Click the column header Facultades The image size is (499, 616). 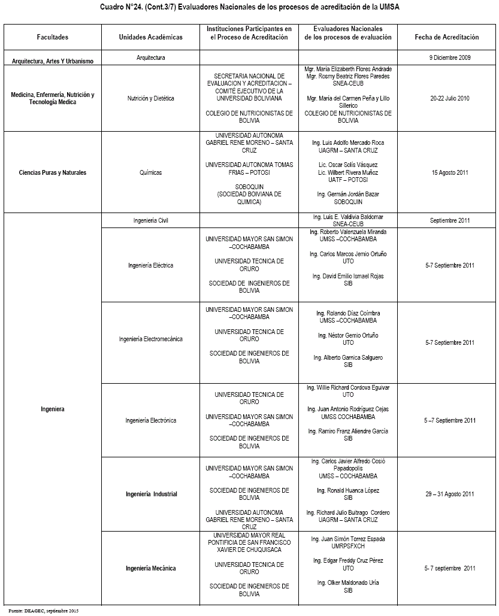pos(53,37)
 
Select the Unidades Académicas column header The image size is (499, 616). pos(150,37)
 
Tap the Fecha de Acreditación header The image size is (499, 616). pos(447,37)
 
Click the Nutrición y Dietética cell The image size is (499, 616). pos(150,99)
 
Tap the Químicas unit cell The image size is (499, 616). pos(150,173)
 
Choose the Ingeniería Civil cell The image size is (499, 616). pos(150,221)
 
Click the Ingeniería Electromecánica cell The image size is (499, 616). pos(150,339)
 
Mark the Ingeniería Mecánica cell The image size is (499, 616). pos(150,569)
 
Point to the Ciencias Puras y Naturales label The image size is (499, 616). pos(53,173)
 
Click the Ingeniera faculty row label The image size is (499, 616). pos(53,409)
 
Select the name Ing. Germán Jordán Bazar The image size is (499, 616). pos(348,195)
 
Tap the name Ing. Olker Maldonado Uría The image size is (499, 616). pos(348,583)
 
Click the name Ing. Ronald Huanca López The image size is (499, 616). pos(348,491)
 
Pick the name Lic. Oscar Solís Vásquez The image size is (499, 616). pos(348,165)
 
